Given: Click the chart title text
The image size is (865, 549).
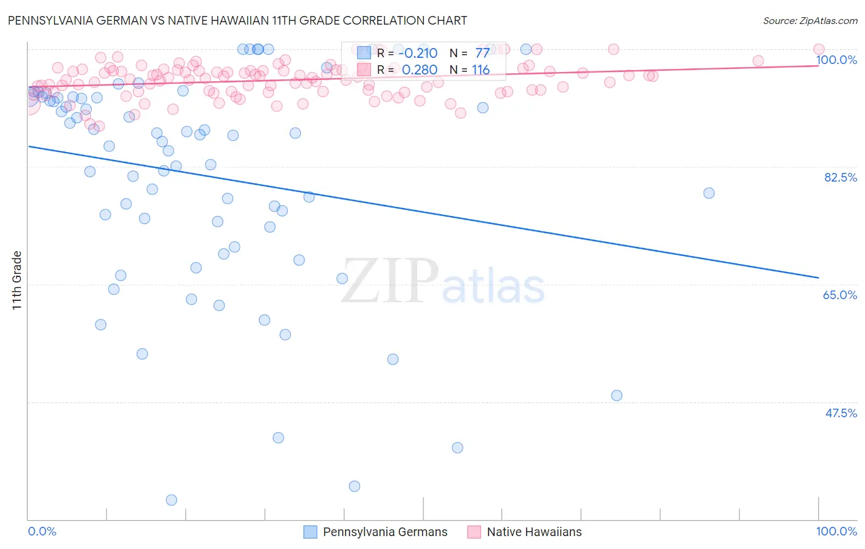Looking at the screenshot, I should [237, 20].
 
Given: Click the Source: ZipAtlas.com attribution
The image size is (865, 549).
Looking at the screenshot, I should [810, 20].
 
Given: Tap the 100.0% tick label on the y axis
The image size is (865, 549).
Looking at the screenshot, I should [836, 60].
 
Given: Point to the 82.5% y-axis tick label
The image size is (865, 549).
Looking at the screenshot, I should [840, 177].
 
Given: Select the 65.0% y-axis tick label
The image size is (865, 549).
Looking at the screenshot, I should [840, 295].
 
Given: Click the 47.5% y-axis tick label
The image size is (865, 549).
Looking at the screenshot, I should [840, 413].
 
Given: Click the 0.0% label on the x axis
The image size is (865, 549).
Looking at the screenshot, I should [42, 531].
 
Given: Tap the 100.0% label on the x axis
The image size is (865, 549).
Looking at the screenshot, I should [836, 531].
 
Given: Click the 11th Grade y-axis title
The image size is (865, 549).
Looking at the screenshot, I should [17, 280].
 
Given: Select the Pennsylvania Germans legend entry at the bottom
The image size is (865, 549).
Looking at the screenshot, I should [376, 532].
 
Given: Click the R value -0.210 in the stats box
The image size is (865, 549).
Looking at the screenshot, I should [418, 53].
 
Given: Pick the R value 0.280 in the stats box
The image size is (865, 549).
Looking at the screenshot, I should [419, 70].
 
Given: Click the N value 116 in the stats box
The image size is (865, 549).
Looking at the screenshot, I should [480, 70].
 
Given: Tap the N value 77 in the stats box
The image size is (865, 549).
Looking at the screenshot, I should [482, 53].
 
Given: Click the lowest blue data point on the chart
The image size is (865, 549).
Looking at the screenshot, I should [172, 500].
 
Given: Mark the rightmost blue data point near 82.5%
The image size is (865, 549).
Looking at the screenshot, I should [709, 193].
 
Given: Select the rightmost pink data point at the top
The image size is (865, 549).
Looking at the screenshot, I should [819, 49].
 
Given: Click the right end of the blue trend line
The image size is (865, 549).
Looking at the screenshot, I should [818, 278].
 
